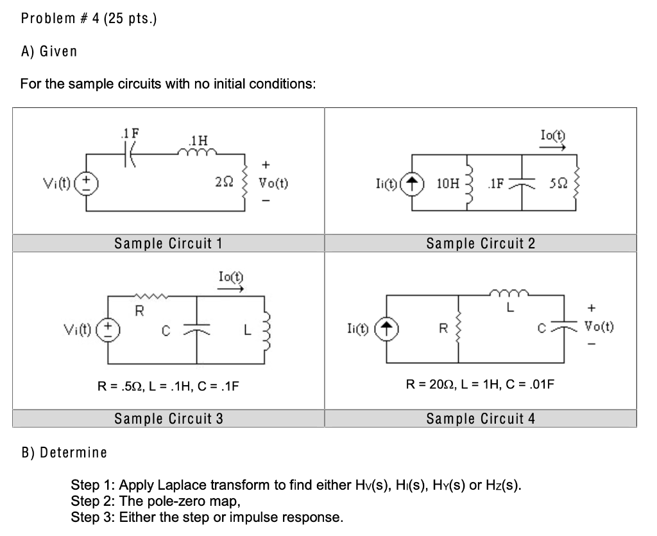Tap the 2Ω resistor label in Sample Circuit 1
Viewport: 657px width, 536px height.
[224, 183]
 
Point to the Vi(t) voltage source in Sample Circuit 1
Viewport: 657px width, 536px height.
[89, 183]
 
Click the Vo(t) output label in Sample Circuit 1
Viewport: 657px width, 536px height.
[273, 183]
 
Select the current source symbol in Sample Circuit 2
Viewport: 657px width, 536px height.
[411, 183]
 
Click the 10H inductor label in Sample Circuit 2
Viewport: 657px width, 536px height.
[447, 183]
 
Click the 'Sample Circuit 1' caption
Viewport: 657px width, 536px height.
[168, 243]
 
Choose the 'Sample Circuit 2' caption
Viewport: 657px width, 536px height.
[481, 243]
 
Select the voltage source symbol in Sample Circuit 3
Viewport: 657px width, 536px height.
[108, 328]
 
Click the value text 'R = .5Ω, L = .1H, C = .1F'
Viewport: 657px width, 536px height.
[167, 386]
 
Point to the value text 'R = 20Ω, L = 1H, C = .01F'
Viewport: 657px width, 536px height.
[481, 385]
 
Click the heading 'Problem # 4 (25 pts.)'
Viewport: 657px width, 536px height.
[89, 18]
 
